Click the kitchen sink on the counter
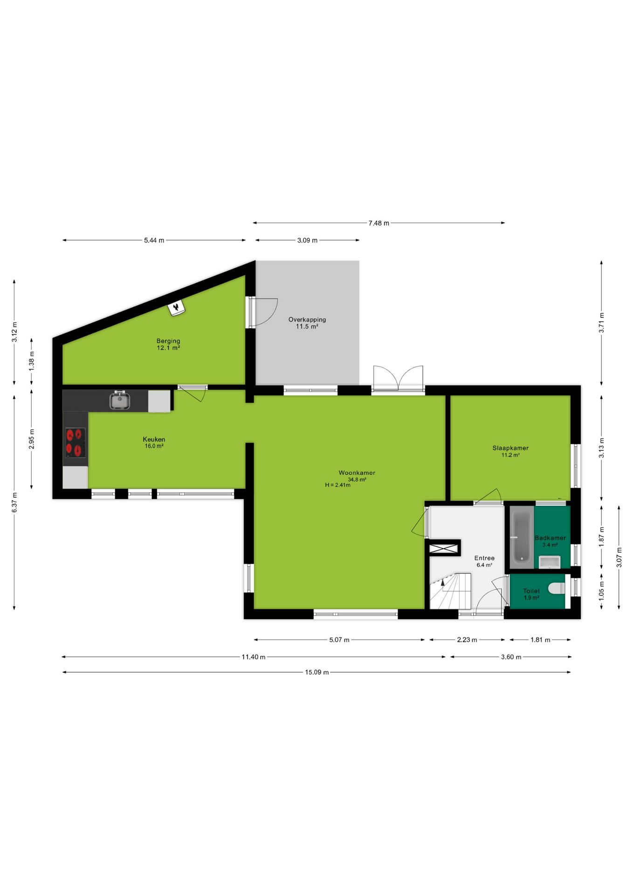pos(120,400)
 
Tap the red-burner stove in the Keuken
pos(75,442)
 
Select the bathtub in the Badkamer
pos(522,537)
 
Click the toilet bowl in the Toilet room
pos(557,589)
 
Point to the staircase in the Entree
pos(450,591)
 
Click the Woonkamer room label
pos(357,473)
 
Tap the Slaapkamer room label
pos(510,448)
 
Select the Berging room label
pos(168,341)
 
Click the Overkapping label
pos(307,320)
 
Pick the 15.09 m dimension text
pos(317,672)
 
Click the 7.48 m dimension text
pos(378,223)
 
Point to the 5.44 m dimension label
pos(154,241)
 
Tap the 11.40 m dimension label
pos(253,657)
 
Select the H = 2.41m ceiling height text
pos(337,485)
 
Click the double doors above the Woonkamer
pos(398,378)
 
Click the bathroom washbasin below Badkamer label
pos(550,562)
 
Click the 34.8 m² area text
pos(357,480)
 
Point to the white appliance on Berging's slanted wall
pos(176,308)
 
